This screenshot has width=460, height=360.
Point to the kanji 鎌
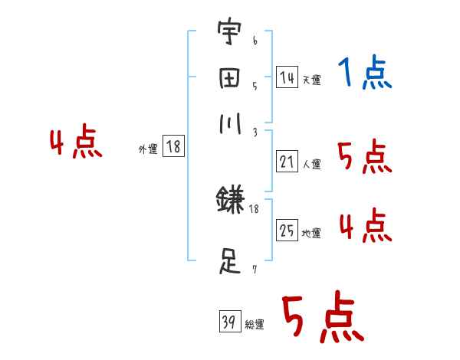coord(230,201)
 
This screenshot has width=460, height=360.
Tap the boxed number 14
coord(286,77)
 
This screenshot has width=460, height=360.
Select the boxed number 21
coord(286,162)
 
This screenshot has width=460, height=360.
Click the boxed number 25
coord(286,231)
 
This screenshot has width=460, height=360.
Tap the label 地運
coord(310,233)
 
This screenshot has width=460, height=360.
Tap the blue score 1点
coord(364,74)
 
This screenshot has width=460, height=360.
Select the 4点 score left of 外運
coord(75,144)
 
